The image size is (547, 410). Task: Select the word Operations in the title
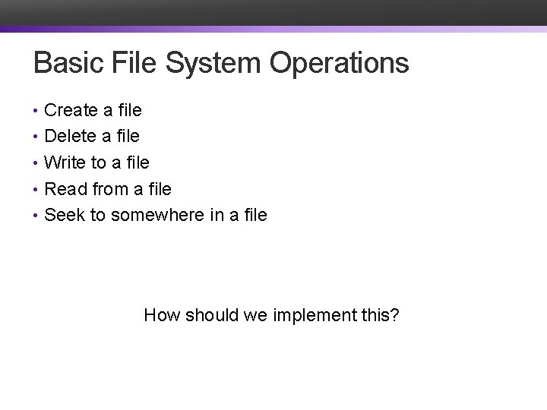(x=339, y=63)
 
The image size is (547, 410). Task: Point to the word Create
(x=71, y=111)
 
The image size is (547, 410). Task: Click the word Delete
(x=70, y=137)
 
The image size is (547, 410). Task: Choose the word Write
(x=65, y=162)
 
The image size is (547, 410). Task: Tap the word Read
(x=65, y=188)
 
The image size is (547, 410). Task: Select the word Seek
(x=65, y=215)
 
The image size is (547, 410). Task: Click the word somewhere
(x=158, y=215)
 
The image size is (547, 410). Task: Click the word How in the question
(x=160, y=314)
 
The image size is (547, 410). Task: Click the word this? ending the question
(x=381, y=314)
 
